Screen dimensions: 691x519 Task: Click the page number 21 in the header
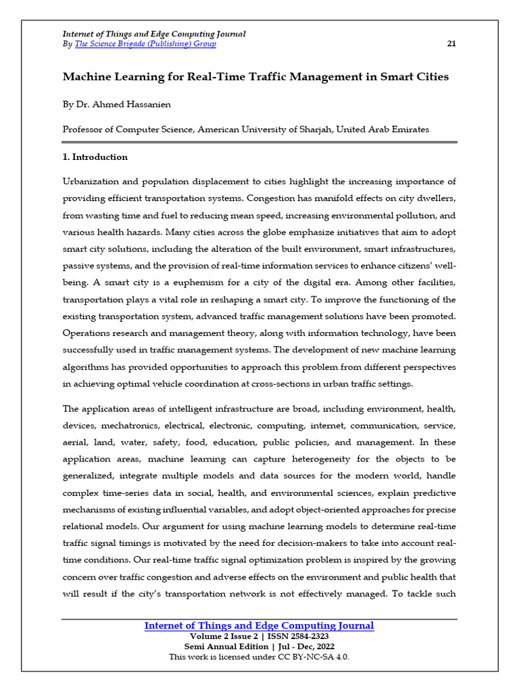451,44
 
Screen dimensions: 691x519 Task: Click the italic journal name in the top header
153,34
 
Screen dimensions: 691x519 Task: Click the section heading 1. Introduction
95,157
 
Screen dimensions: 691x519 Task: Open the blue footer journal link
259,626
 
